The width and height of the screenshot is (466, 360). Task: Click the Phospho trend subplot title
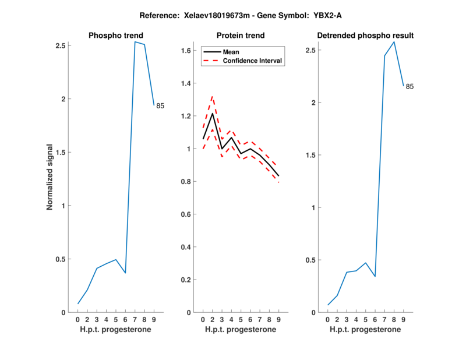[115, 36]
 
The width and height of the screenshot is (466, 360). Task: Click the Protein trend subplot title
[240, 36]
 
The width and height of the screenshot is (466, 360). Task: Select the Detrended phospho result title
[365, 36]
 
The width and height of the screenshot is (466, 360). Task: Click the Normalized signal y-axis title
[51, 177]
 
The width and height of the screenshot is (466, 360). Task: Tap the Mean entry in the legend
[231, 52]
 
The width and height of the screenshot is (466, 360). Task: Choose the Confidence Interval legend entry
[253, 61]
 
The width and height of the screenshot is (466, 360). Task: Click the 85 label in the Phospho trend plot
[160, 106]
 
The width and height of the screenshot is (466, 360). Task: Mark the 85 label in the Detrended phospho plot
[409, 87]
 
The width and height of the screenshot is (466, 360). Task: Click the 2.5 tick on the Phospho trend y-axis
[60, 45]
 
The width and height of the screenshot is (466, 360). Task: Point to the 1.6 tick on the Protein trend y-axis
[185, 51]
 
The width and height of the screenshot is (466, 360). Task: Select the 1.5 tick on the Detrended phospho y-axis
[310, 155]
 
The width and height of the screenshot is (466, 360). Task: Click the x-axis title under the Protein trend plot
[240, 330]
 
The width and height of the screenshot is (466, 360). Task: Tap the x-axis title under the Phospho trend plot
[115, 330]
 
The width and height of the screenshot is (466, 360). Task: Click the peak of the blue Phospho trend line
[135, 42]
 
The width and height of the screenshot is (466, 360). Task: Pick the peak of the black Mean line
[212, 113]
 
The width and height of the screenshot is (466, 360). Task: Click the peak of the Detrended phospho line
[394, 42]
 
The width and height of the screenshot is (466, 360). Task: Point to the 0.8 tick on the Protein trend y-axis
[185, 182]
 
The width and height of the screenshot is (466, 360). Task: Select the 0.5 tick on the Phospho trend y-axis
[60, 259]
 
